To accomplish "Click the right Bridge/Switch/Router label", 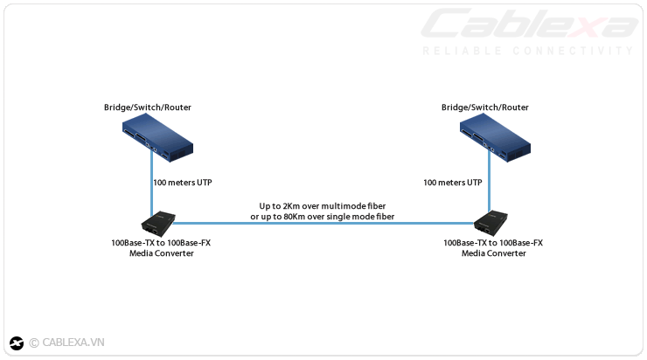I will pyautogui.click(x=484, y=107).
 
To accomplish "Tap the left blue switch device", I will pyautogui.click(x=157, y=140).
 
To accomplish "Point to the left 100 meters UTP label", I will pyautogui.click(x=183, y=183).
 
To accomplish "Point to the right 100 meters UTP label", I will pyautogui.click(x=452, y=183).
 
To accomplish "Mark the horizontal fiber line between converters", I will pyautogui.click(x=323, y=224).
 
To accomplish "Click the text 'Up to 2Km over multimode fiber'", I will pyautogui.click(x=323, y=205).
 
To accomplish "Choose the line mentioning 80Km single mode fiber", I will pyautogui.click(x=323, y=216).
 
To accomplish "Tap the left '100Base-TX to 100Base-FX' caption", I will pyautogui.click(x=161, y=242).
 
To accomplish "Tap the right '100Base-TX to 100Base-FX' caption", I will pyautogui.click(x=494, y=242).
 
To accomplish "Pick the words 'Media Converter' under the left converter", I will pyautogui.click(x=161, y=253).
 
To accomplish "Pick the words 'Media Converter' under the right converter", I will pyautogui.click(x=494, y=253).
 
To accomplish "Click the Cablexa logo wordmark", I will pyautogui.click(x=529, y=24).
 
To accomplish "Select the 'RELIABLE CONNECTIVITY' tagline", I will pyautogui.click(x=527, y=51).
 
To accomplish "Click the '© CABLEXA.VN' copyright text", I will pyautogui.click(x=66, y=343).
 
